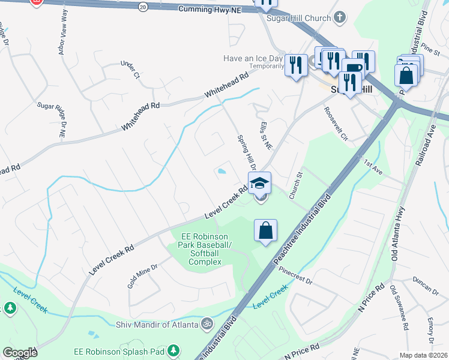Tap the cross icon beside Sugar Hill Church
340,17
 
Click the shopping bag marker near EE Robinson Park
265,230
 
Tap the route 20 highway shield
142,6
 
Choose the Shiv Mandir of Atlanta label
157,325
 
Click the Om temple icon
207,323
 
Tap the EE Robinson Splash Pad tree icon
173,349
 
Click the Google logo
20,353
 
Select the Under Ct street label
129,69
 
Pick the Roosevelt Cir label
335,123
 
